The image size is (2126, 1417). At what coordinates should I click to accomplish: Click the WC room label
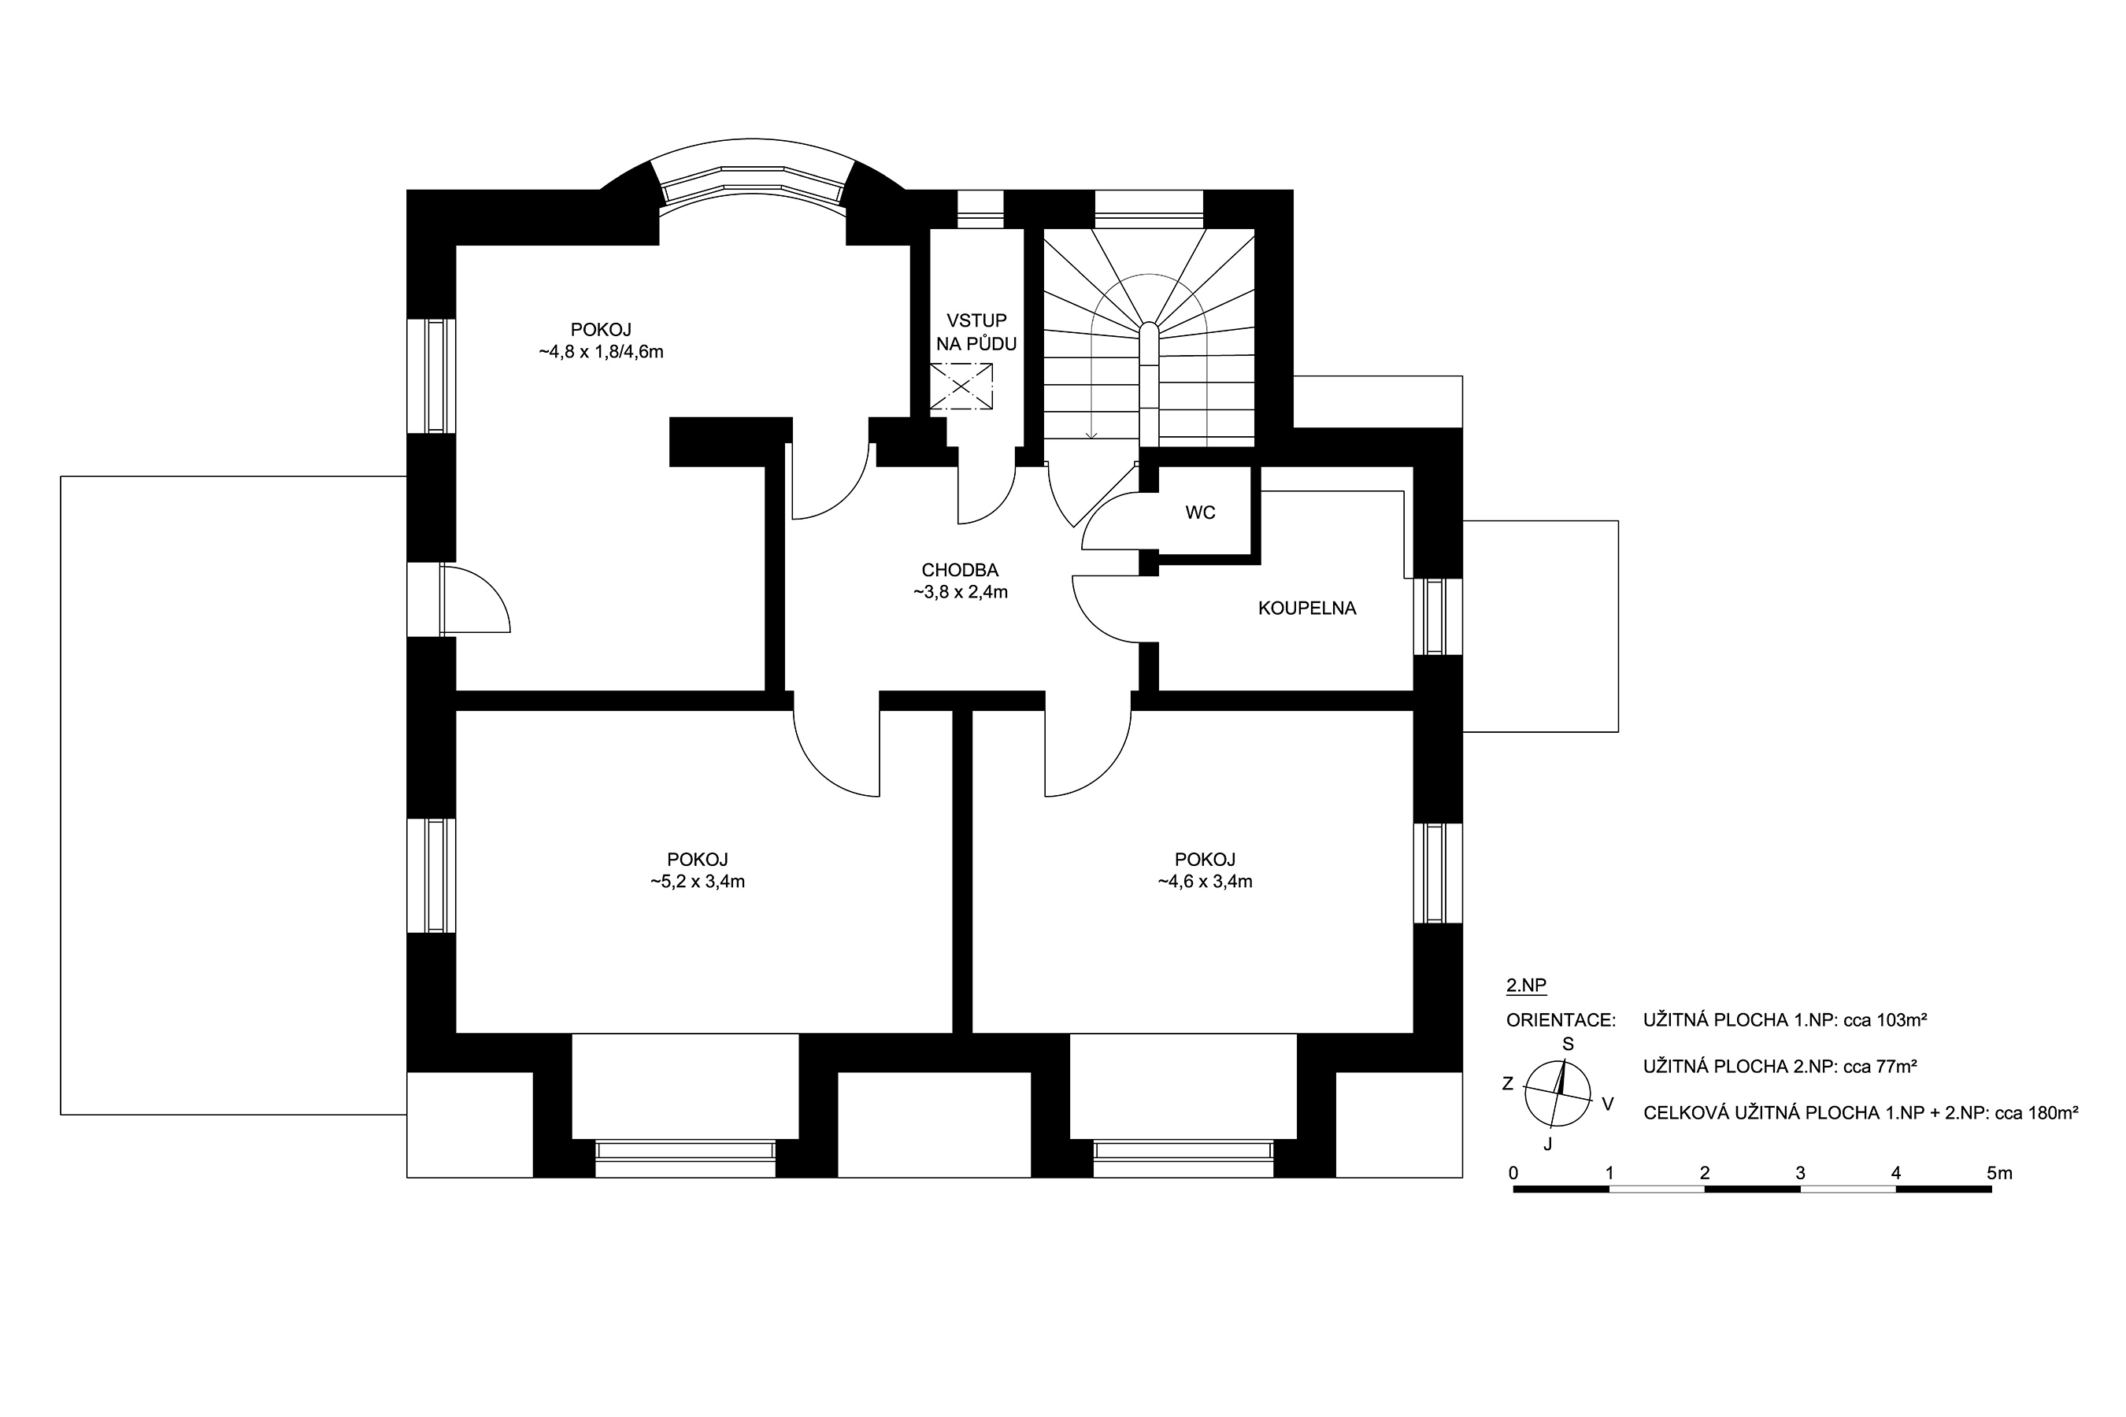(1200, 513)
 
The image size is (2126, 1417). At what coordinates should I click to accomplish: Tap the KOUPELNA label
(1307, 609)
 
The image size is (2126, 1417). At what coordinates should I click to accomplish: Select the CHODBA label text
(960, 570)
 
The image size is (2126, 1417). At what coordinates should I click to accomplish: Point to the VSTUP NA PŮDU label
(976, 332)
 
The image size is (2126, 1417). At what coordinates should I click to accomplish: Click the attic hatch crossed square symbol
(961, 387)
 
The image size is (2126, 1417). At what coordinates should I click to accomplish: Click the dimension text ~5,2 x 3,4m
(697, 882)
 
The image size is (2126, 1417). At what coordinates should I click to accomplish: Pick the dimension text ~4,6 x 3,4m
(1205, 882)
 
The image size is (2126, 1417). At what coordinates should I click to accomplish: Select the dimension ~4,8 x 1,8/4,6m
(601, 353)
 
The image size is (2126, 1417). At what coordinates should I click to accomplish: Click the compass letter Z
(1507, 1083)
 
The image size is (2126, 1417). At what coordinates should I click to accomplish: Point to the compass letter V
(1608, 1104)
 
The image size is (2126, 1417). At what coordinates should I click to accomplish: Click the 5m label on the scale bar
(1999, 1174)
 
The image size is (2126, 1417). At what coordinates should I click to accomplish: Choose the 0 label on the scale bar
(1513, 1174)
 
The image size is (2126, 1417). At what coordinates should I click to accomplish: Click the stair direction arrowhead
(1092, 436)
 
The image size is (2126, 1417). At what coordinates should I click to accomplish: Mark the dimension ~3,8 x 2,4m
(960, 594)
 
